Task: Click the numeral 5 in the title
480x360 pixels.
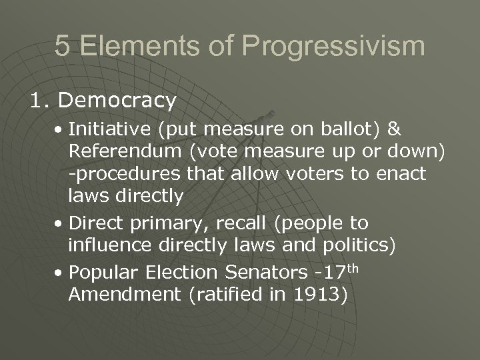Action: [x=62, y=46]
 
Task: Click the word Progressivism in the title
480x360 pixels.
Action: [x=333, y=47]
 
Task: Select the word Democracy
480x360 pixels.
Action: [x=117, y=100]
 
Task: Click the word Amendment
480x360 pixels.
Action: [x=123, y=295]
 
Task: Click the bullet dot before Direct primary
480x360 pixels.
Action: [x=61, y=223]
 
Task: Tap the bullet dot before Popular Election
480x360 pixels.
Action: [x=61, y=273]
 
